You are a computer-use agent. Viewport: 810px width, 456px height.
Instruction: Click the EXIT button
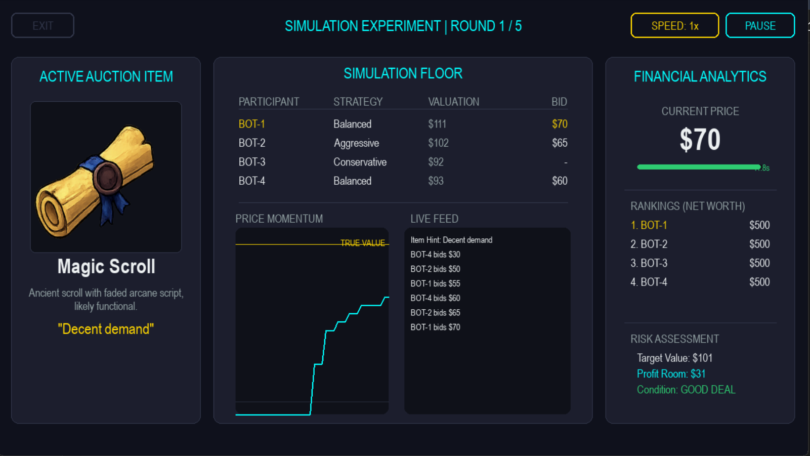pos(42,26)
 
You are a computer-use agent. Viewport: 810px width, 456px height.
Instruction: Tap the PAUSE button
pos(760,26)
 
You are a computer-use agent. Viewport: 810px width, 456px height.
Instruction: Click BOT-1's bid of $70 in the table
pos(559,124)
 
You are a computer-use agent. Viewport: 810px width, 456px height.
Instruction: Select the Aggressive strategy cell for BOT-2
pos(356,143)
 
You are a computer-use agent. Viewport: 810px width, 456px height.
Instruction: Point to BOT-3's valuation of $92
pos(436,162)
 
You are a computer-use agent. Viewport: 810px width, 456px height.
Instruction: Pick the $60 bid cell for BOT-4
pos(559,181)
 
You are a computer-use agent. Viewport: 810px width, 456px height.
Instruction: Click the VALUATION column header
pos(453,102)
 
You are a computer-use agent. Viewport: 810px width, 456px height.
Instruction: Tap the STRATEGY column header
pos(358,102)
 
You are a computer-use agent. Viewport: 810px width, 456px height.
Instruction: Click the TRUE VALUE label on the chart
pos(362,243)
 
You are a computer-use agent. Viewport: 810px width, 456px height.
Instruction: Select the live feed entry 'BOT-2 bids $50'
pos(435,269)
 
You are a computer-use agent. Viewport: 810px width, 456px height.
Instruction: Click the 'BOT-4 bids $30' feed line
pos(435,255)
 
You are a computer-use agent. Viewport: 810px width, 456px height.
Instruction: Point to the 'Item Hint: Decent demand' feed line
pos(451,240)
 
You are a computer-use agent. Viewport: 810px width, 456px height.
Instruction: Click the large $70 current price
pos(700,140)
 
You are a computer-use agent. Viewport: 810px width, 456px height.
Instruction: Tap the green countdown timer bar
pos(699,167)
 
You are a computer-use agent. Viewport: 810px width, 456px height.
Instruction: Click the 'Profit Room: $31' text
pos(671,374)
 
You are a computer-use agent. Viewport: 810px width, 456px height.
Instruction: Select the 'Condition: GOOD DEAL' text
pos(686,390)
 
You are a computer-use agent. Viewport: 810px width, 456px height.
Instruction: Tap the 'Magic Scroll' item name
pos(106,267)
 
